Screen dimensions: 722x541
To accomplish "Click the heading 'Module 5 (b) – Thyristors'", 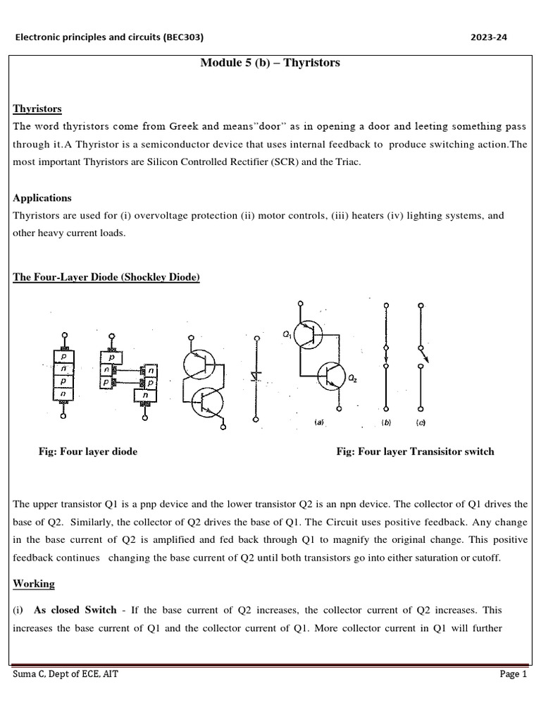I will click(x=270, y=63).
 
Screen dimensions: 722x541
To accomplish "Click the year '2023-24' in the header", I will click(x=488, y=37).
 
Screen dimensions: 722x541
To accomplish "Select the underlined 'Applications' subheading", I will click(x=42, y=198).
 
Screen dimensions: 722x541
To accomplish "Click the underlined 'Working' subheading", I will click(x=34, y=584).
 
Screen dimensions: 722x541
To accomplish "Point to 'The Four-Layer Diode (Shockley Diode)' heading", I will click(x=106, y=277).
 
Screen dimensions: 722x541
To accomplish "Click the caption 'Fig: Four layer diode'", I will click(x=88, y=451).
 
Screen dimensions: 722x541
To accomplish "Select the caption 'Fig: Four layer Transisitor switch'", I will click(x=415, y=451).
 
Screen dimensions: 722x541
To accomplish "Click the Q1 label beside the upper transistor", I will click(x=287, y=336).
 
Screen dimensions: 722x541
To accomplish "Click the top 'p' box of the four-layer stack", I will click(x=65, y=357).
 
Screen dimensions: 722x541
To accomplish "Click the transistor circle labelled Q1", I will click(x=308, y=334).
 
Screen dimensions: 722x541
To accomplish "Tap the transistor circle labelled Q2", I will click(x=331, y=377).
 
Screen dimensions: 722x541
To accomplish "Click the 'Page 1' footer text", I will click(x=513, y=674).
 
